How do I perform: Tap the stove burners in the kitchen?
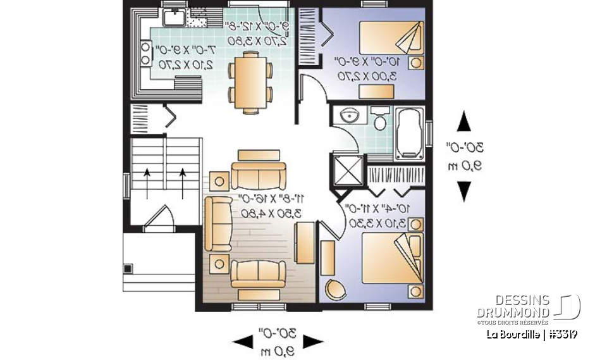(146, 53)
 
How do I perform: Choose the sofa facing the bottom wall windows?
(257, 273)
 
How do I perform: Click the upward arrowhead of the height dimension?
(464, 121)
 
